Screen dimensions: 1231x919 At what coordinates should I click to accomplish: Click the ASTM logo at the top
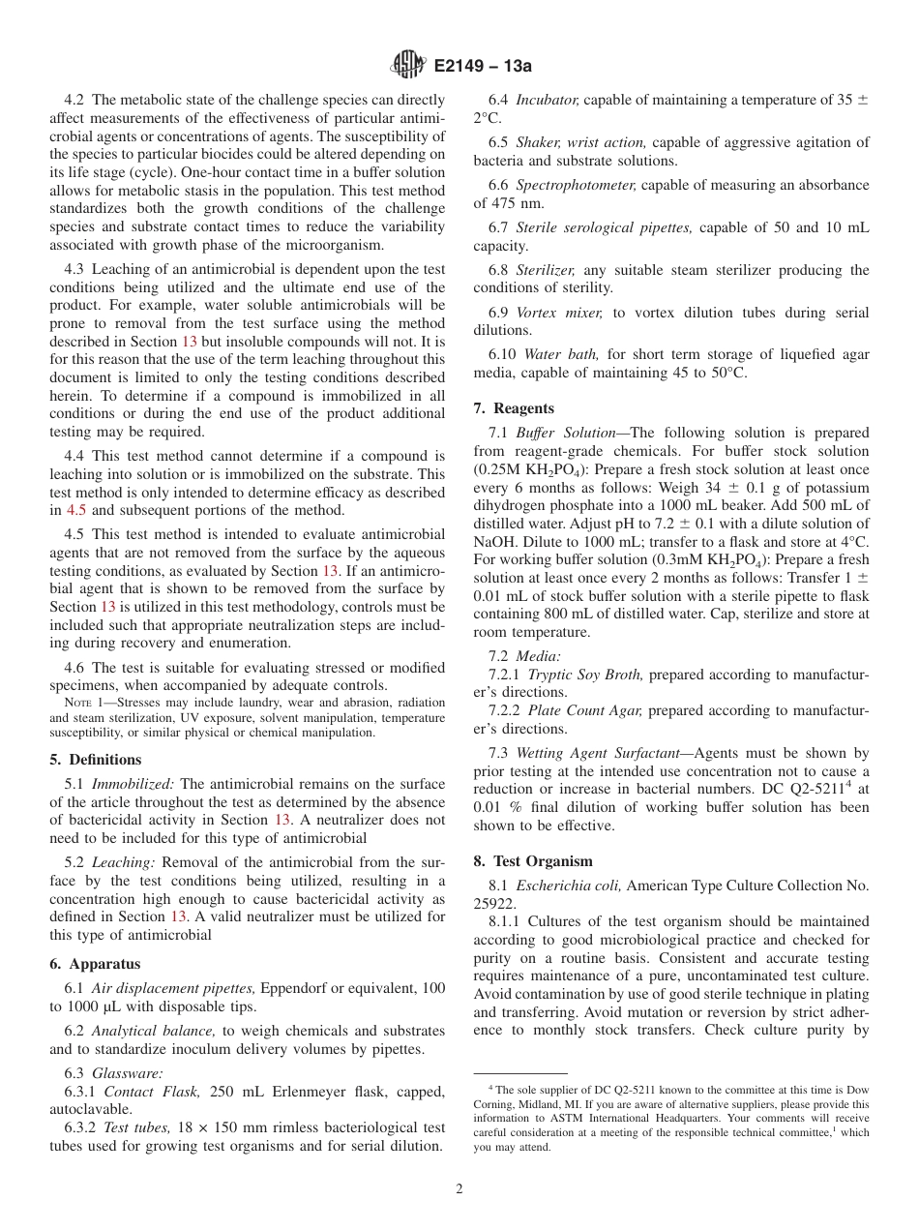(x=406, y=66)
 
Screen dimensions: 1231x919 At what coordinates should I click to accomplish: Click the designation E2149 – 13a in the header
(x=483, y=67)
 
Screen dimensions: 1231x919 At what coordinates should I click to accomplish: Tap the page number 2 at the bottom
(x=459, y=1189)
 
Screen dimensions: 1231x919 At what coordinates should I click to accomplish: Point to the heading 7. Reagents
(x=514, y=408)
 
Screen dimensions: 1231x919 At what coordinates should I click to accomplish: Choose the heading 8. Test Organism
(x=533, y=860)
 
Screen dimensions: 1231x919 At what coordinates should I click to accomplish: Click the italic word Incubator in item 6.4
(x=548, y=100)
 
